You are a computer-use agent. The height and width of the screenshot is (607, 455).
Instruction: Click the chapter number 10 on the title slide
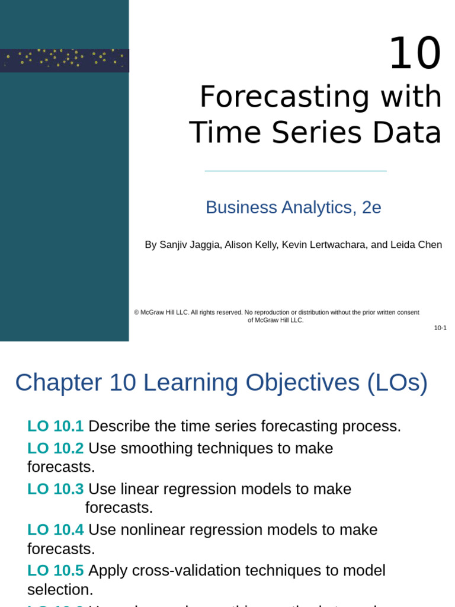point(415,54)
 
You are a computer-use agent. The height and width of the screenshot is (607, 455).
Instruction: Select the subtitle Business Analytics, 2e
point(293,207)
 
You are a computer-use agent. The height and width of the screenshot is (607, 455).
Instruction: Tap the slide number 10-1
point(440,328)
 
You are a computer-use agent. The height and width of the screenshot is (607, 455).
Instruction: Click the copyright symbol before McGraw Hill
point(136,312)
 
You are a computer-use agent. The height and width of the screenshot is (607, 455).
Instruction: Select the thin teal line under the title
point(295,171)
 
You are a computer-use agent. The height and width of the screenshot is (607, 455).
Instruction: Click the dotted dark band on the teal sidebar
point(64,60)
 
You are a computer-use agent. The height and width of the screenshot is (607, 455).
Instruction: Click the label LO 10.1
point(56,426)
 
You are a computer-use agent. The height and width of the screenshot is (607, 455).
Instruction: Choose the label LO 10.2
point(56,448)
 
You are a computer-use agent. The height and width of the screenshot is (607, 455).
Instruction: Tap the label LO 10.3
point(56,489)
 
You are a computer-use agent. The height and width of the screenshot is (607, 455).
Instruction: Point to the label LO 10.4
point(56,530)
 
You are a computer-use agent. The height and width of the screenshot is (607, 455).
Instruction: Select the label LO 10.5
point(56,570)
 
